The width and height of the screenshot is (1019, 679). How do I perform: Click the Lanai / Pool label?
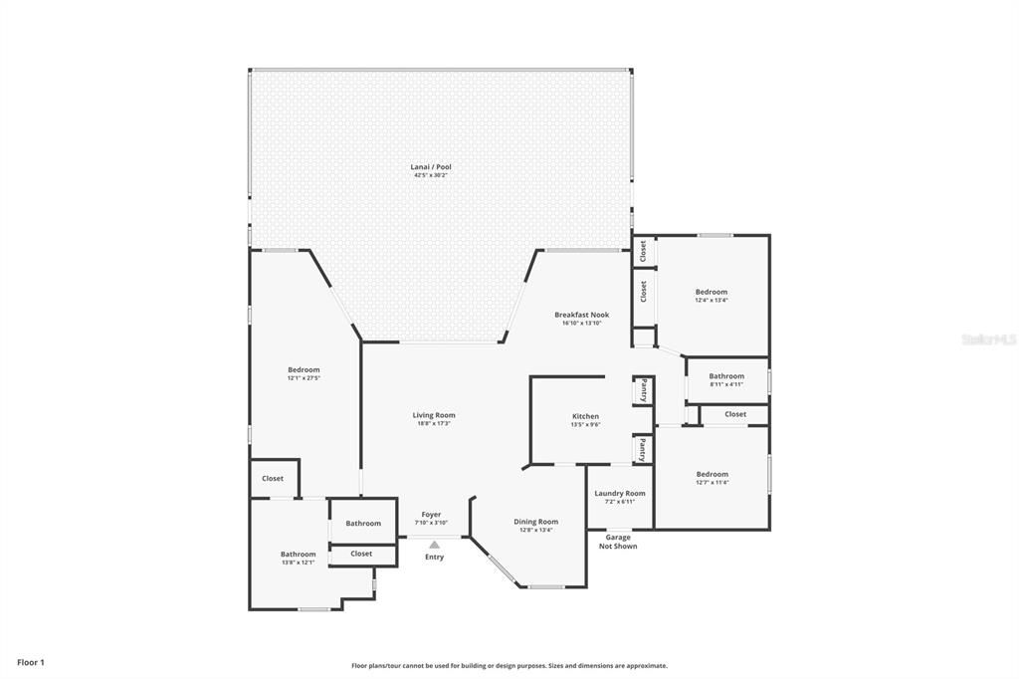coord(432,166)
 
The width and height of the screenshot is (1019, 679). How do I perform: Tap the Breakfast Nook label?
coord(582,315)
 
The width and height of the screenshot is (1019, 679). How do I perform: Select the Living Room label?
coord(434,415)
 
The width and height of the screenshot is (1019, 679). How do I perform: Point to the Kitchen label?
coord(585,416)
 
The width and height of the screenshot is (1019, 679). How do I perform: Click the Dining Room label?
coord(535,522)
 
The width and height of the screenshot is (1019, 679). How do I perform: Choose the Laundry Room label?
coord(619,493)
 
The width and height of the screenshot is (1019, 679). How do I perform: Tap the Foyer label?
coord(431,515)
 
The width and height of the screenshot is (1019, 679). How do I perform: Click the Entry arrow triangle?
coord(434,545)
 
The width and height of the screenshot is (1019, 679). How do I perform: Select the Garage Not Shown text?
coord(618,542)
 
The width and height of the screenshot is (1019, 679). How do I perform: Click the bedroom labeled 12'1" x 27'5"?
coord(304,369)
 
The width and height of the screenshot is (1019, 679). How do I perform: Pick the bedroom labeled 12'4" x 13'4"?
coord(711,292)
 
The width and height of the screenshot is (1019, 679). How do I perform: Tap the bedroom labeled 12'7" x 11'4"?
coord(712,474)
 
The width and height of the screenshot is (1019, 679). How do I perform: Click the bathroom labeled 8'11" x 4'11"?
coord(726,376)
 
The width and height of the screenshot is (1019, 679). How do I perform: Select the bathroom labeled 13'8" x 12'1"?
coord(298,555)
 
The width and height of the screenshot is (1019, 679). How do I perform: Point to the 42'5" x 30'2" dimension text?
coord(432,175)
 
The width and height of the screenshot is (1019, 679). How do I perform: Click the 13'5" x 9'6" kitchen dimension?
coord(585,424)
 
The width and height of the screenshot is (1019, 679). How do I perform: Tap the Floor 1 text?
coord(31,662)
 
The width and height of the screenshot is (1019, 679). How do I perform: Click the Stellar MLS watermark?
coord(988,339)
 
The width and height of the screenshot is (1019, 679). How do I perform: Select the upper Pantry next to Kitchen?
coord(644,389)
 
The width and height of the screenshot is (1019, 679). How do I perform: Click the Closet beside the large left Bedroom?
coord(273,478)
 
